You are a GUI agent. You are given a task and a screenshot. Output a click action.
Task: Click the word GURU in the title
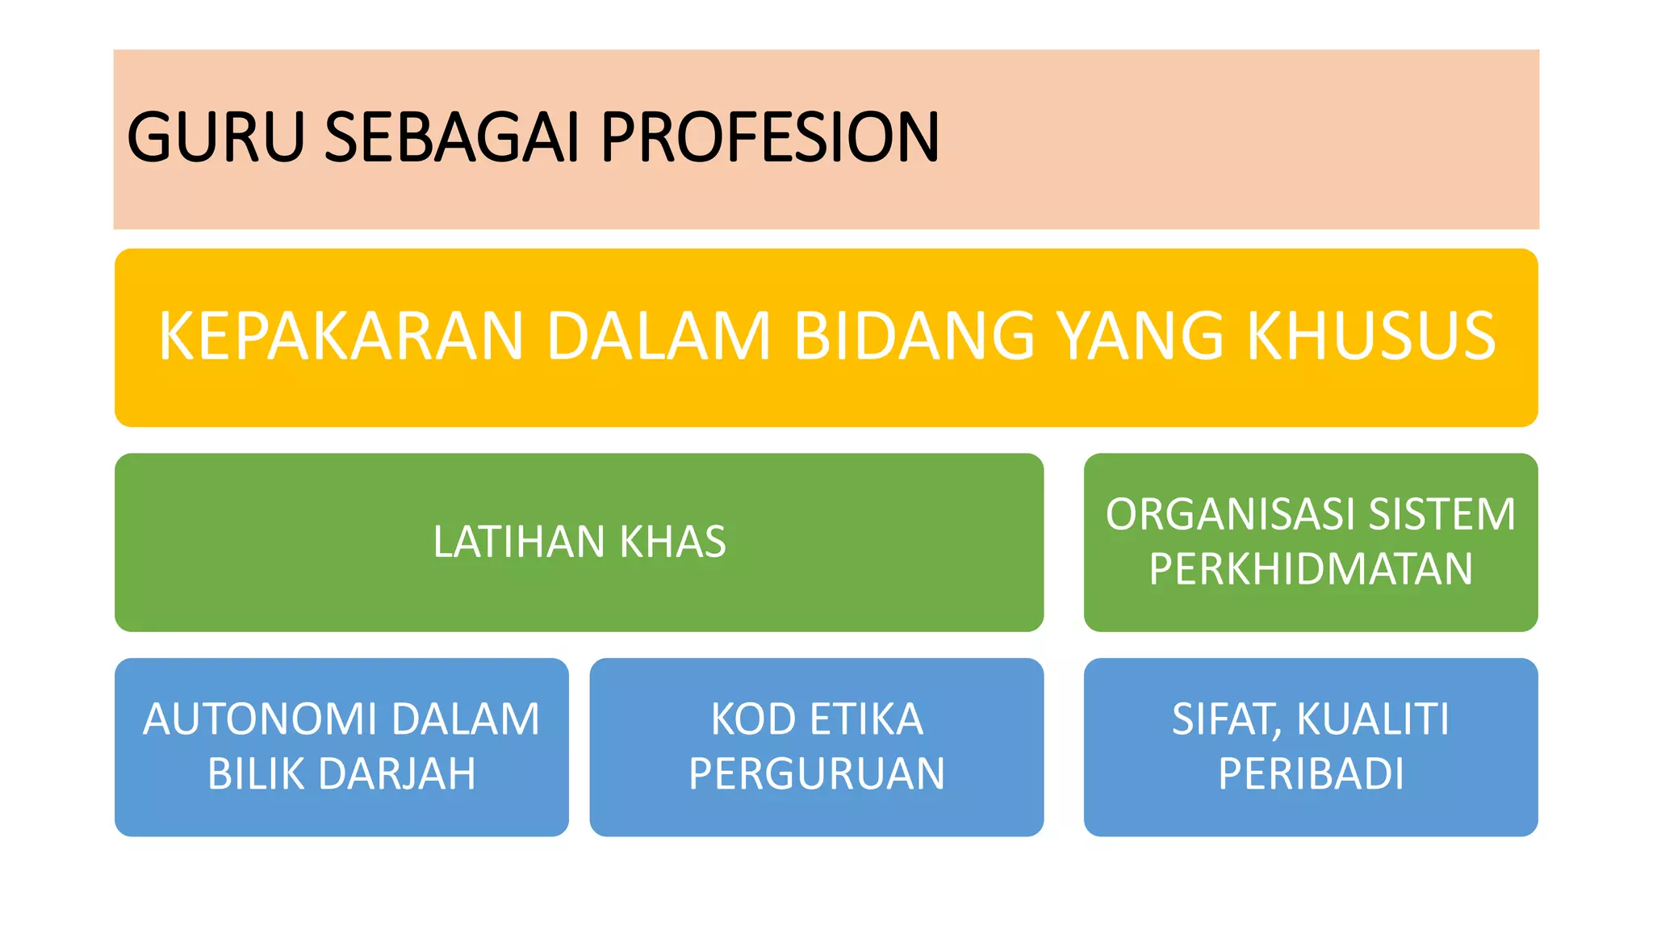[x=216, y=137]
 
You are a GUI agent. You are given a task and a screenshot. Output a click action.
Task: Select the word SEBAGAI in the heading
[x=452, y=137]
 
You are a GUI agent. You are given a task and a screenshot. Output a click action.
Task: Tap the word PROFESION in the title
[x=770, y=137]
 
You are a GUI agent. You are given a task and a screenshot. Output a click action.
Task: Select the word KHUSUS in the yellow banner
[x=1371, y=336]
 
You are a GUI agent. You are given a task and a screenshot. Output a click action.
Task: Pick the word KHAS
[x=673, y=542]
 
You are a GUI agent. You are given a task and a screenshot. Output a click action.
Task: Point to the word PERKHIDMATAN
[x=1311, y=569]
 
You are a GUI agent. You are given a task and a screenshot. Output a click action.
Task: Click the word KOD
[x=752, y=719]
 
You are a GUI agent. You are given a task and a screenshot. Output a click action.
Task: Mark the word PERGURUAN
[x=817, y=774]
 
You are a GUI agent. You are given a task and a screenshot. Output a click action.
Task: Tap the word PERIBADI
[x=1311, y=774]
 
